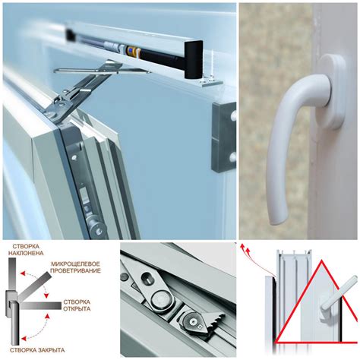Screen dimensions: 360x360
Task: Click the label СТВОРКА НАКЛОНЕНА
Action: (26, 249)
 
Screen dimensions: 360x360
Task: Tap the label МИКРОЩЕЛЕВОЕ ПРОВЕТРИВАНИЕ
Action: (75, 267)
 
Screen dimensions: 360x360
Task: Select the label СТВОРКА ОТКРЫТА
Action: (77, 305)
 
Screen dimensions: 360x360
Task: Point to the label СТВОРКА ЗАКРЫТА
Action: (37, 350)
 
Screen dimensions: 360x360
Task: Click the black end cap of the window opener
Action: (193, 59)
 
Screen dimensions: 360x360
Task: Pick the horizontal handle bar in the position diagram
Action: (40, 305)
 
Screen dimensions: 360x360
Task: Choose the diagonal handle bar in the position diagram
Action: (35, 286)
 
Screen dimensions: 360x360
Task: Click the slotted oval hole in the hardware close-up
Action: (147, 278)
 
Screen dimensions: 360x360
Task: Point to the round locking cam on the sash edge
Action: (98, 231)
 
